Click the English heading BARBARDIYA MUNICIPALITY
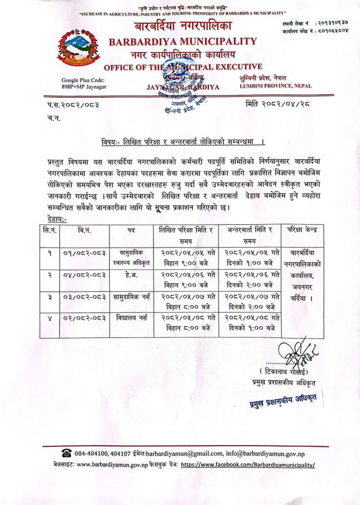pos(182,41)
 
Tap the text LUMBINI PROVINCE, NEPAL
pos(276,85)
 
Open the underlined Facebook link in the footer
pos(247,466)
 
